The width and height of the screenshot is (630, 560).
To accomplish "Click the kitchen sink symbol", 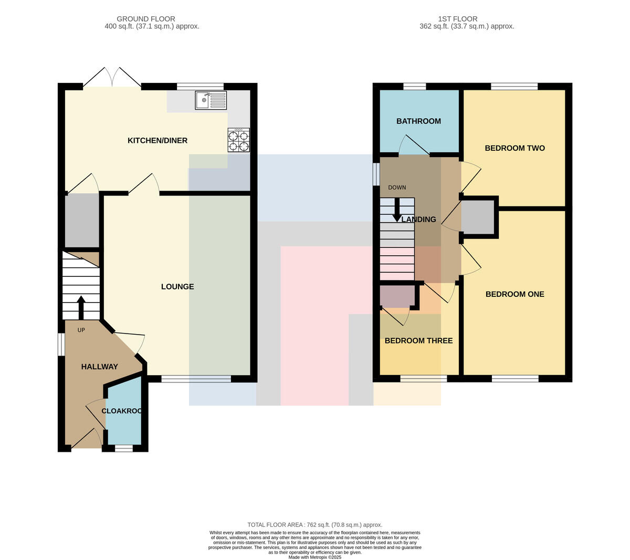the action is (211, 100).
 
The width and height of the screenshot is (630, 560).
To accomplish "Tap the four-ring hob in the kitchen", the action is (238, 140).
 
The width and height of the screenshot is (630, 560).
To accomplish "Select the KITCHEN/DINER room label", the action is (157, 140).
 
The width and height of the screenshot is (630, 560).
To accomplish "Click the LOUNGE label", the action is (177, 286).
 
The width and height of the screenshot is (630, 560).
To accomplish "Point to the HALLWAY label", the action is (100, 367).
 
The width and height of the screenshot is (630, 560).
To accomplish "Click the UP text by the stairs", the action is (81, 330).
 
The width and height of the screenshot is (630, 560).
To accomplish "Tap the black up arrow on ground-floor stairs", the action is (81, 307).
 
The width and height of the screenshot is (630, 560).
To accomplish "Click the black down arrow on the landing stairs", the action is (397, 210).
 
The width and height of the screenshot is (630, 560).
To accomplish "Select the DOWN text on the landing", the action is (397, 188).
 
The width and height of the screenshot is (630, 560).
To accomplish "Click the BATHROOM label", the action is (418, 121).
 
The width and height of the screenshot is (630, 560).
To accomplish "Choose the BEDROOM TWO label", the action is (514, 148).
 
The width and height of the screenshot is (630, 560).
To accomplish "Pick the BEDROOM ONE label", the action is (514, 294).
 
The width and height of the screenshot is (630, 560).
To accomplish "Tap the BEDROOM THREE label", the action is (418, 340).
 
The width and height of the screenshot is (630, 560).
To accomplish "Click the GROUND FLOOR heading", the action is (146, 19).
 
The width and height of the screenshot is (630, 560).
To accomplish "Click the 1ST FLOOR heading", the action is (458, 19).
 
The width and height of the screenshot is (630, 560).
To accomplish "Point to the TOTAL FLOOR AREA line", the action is (314, 525).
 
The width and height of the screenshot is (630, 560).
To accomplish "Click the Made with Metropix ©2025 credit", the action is (314, 557).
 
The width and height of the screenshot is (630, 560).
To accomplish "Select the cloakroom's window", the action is (124, 448).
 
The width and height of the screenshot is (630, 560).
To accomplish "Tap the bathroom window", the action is (415, 87).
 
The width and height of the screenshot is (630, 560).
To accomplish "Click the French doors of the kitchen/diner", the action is (112, 78).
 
